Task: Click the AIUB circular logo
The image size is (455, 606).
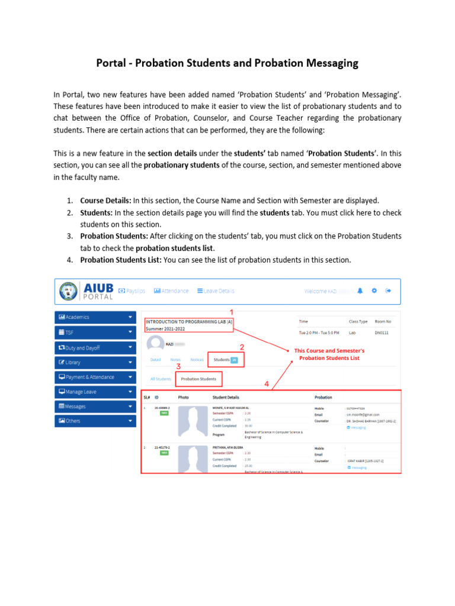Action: tap(71, 291)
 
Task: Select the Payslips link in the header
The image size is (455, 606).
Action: tap(132, 291)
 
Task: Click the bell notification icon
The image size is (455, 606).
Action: tap(360, 291)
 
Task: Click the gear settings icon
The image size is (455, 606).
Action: tap(374, 291)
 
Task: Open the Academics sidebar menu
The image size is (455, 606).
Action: tap(95, 318)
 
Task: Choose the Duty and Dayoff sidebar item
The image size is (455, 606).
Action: tap(95, 348)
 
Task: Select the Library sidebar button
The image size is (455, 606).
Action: tap(95, 362)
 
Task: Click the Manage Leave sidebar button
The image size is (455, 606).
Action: tap(95, 392)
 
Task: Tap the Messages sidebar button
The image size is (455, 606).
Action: tap(95, 407)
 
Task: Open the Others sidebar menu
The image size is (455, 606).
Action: tap(95, 421)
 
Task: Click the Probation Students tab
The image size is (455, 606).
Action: tap(198, 379)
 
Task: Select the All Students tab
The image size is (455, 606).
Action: tap(161, 379)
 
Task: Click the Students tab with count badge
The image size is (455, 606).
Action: tap(225, 359)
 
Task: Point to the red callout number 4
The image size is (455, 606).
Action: tap(267, 384)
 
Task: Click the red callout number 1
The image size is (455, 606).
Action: tap(232, 312)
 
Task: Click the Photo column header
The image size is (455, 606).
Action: tap(183, 397)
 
